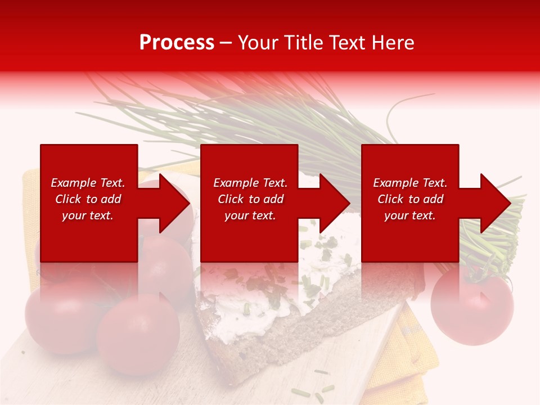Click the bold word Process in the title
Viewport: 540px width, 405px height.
coord(177,43)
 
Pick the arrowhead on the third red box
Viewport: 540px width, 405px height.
coord(494,203)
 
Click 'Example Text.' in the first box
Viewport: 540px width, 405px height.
coord(88,183)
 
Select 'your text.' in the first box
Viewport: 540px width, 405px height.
coord(88,215)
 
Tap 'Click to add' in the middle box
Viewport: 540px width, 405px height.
coord(250,199)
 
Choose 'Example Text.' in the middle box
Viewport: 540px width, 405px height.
coord(250,183)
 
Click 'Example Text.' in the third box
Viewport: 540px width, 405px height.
coord(410,183)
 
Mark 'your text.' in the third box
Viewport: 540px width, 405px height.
coord(410,215)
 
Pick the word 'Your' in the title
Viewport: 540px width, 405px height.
coord(258,43)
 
